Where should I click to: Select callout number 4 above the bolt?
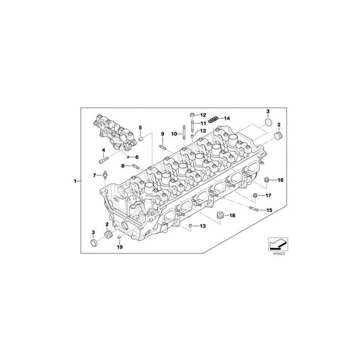coord(103,150)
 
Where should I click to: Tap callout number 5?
coord(140,128)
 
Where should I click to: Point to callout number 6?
coord(136,157)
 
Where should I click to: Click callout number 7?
coord(95,175)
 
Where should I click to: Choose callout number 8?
coord(123,165)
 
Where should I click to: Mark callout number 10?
coord(174,134)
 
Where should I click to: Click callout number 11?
coord(203,123)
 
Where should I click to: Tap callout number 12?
coord(203,115)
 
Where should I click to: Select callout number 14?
coord(227,118)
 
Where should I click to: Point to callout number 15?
coord(269,211)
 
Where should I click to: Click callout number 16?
coord(282,180)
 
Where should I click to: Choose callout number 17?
coord(268,196)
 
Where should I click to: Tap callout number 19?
coord(121,248)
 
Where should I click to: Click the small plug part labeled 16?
coord(267,180)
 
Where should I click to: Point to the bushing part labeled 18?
coord(219,215)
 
